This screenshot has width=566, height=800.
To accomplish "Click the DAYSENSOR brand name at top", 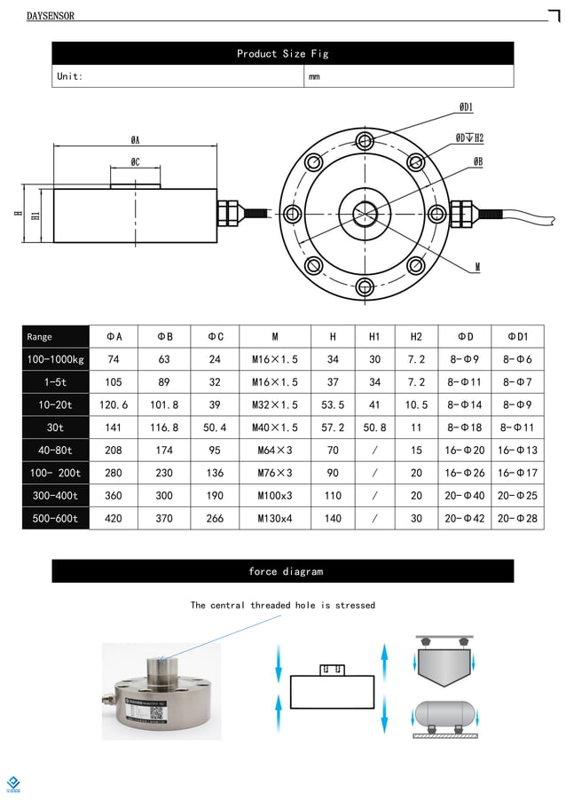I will click(x=51, y=16).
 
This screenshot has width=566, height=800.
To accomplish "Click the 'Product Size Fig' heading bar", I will click(x=282, y=54).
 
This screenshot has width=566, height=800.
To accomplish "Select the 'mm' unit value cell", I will click(x=314, y=77).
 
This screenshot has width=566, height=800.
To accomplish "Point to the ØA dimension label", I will click(x=135, y=140).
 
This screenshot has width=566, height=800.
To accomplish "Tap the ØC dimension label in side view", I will click(x=135, y=162).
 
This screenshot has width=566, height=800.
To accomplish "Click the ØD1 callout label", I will click(x=466, y=107).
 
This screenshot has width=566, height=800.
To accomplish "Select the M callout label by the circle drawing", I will click(x=477, y=267).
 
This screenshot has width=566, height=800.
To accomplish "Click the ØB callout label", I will click(x=478, y=162).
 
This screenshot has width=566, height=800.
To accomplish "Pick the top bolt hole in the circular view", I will click(x=365, y=140).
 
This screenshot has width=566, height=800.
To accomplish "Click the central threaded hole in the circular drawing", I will click(x=365, y=214).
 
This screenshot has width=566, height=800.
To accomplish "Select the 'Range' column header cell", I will click(x=55, y=337).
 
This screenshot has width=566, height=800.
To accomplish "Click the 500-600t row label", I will click(x=55, y=518).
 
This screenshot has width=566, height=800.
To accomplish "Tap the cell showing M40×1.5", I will click(x=275, y=427).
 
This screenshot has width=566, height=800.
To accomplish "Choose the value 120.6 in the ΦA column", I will click(x=114, y=404).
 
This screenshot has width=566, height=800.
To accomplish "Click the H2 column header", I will click(x=416, y=337).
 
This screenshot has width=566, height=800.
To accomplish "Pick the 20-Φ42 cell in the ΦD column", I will click(x=465, y=518).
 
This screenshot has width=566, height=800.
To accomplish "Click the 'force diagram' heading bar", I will click(x=282, y=572).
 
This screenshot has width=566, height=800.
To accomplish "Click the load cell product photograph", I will click(x=160, y=689).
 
